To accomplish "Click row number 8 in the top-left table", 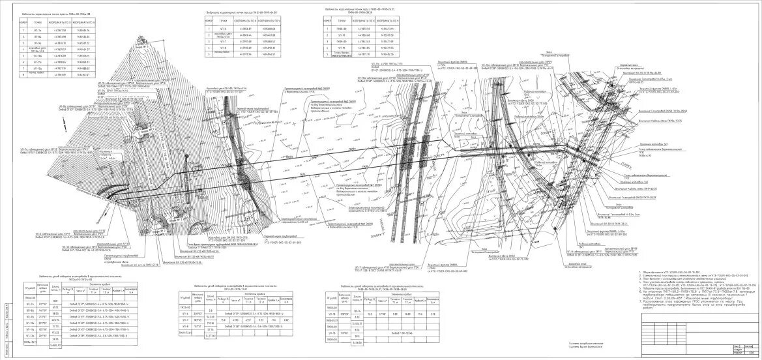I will pos(23,75).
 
